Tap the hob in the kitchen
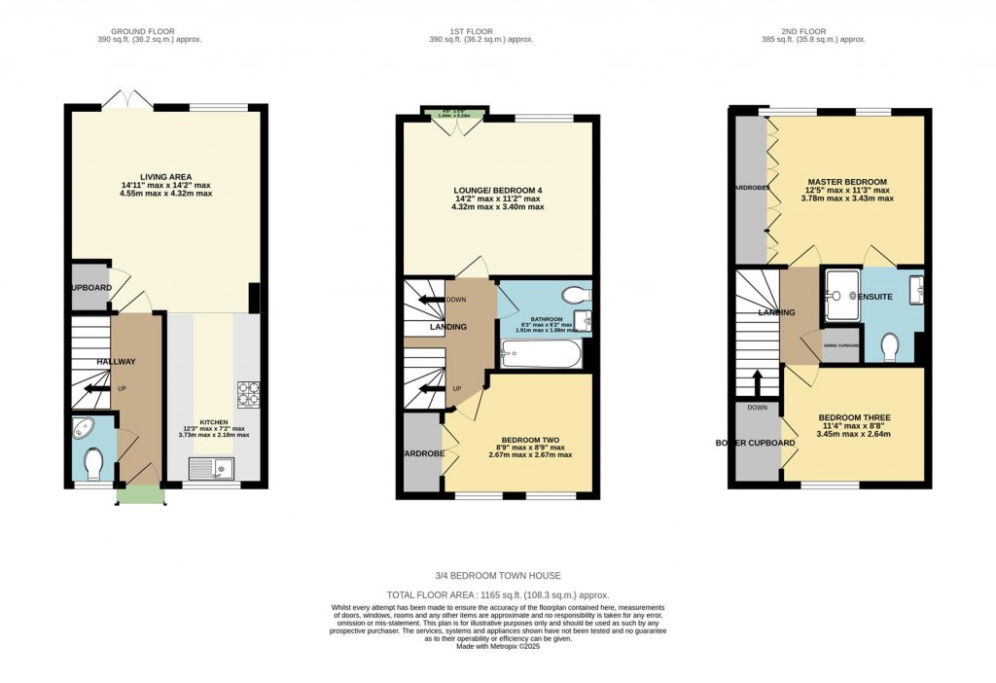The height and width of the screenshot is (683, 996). [x=248, y=393]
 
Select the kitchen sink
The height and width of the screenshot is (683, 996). [x=209, y=470]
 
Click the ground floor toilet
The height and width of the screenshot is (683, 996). [x=93, y=465]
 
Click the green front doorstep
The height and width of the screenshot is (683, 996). [x=140, y=495]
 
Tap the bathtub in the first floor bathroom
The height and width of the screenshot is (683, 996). [x=540, y=355]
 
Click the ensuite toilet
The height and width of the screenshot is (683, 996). [x=888, y=346]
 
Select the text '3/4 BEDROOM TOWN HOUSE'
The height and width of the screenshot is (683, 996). [x=497, y=576]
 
